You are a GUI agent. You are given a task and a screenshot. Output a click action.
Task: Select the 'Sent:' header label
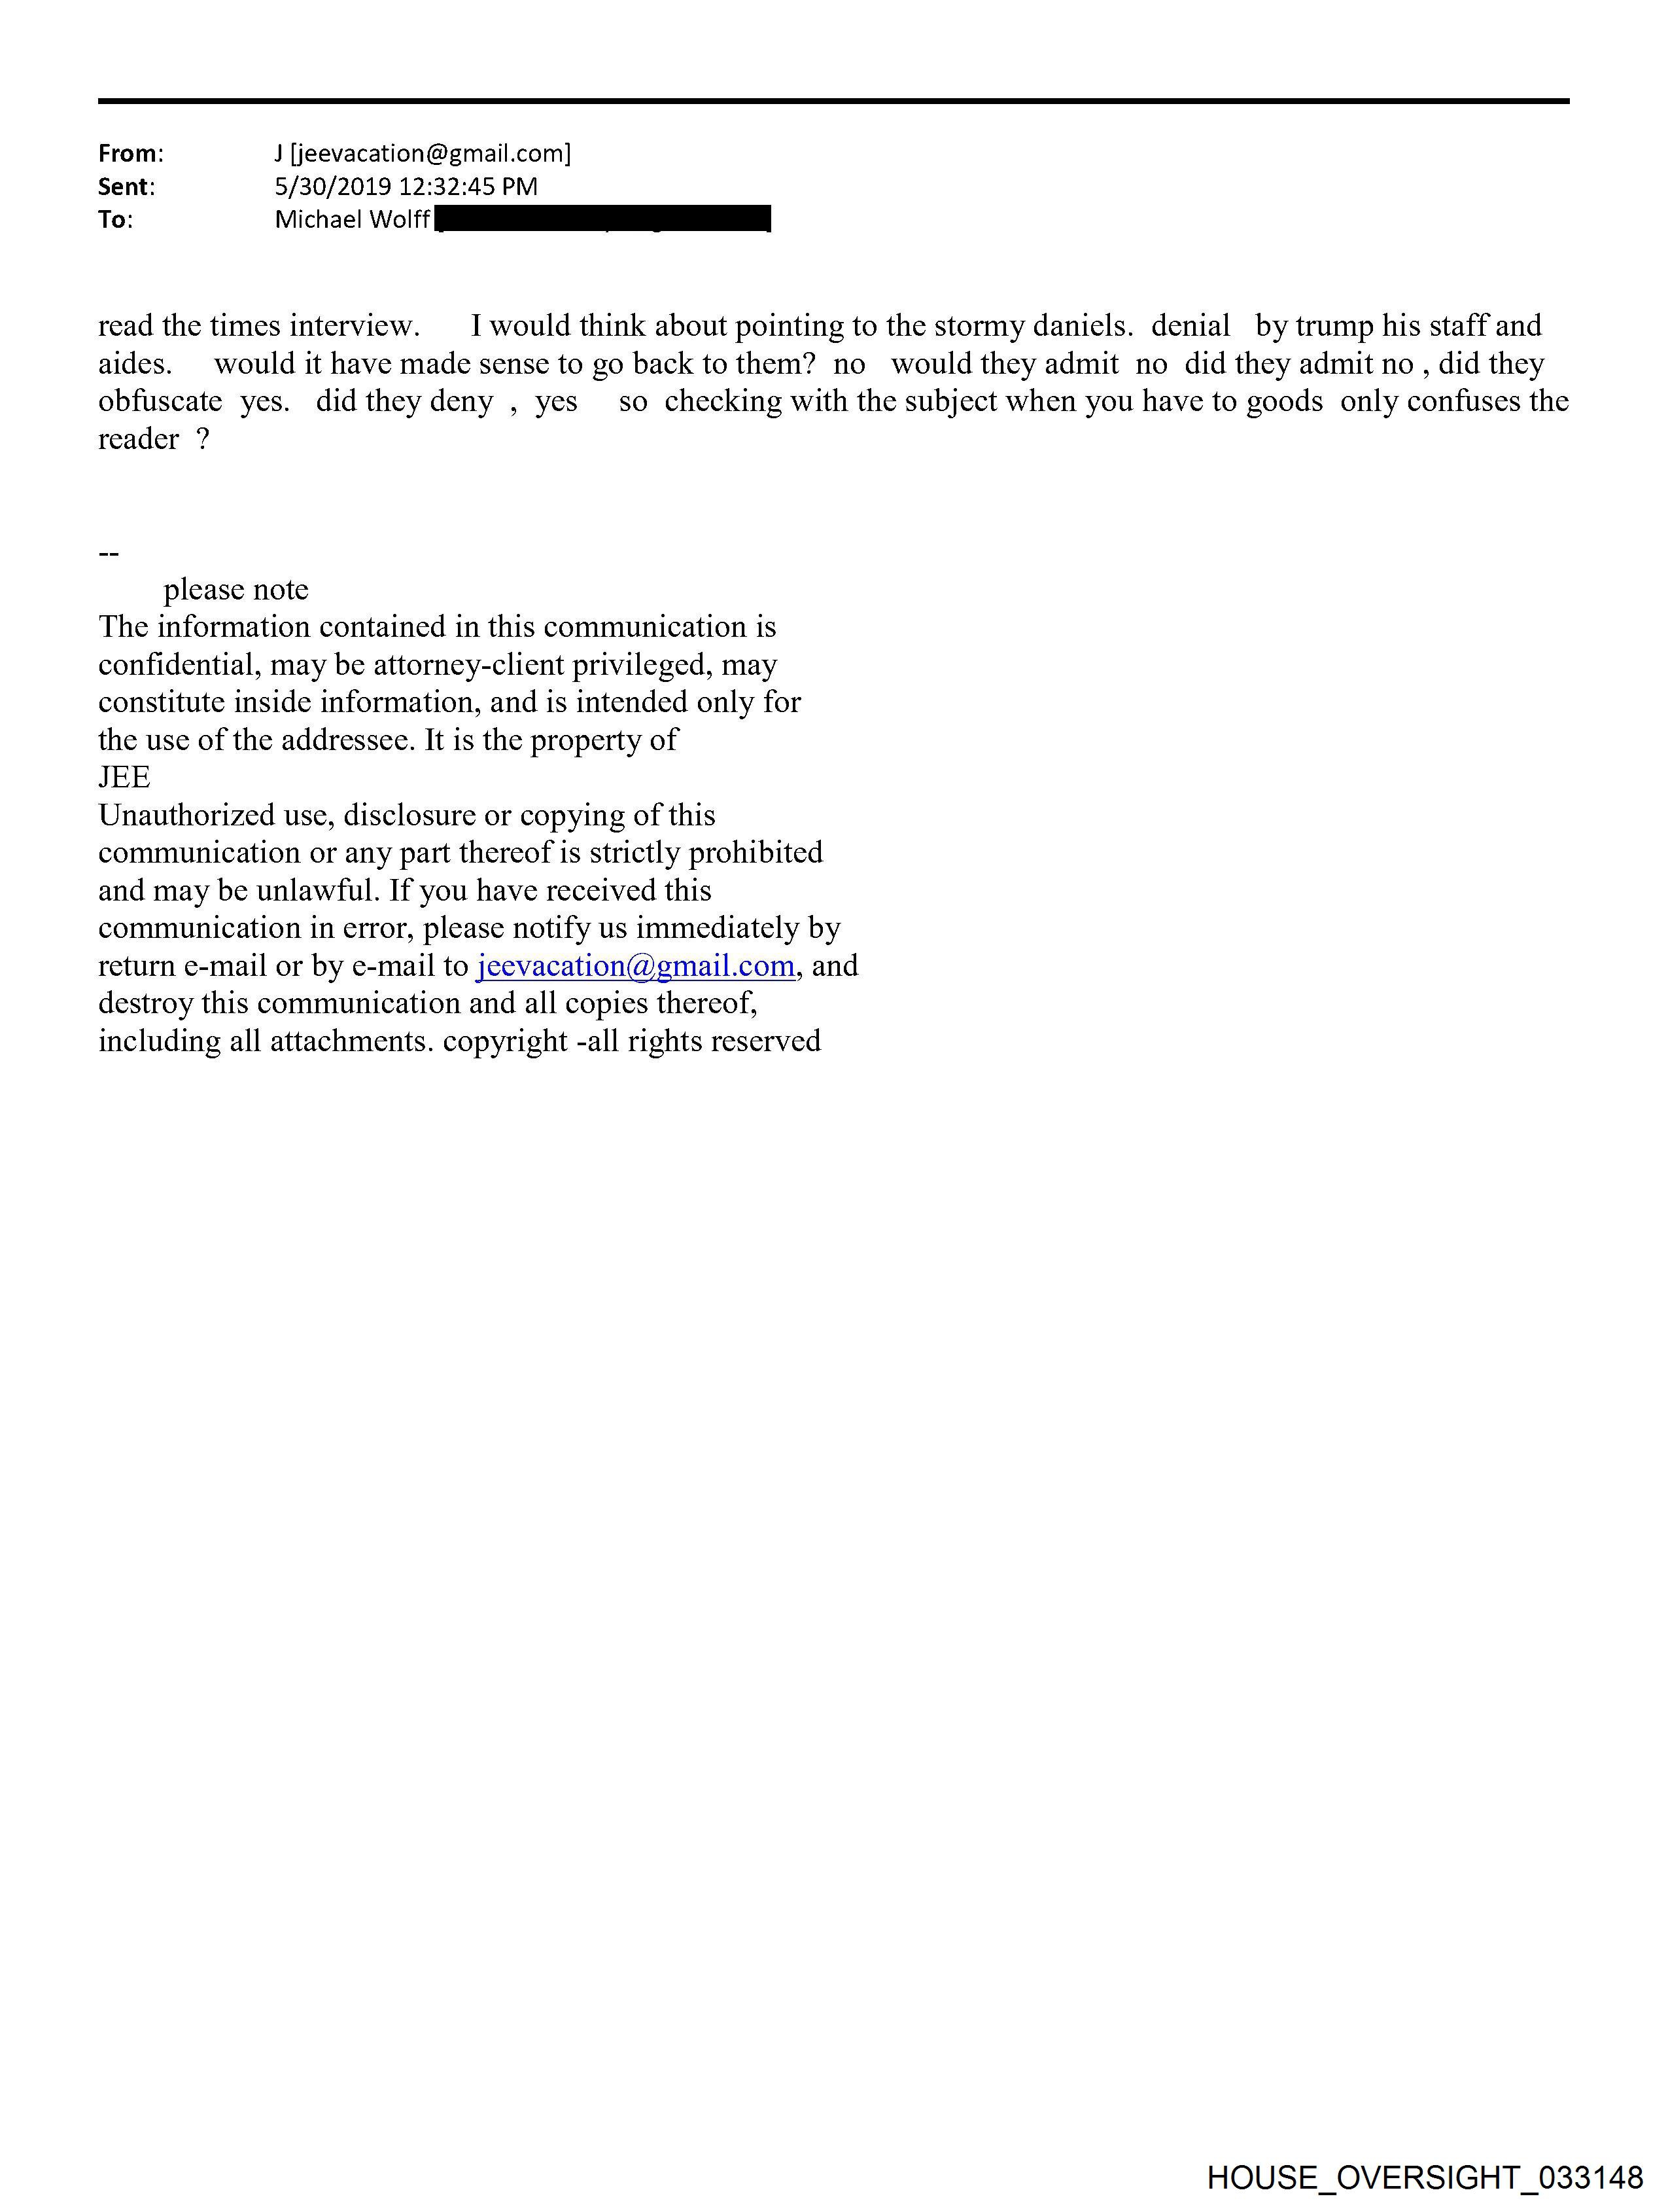[x=126, y=187]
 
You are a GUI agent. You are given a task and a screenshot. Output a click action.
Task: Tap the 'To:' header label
[x=114, y=219]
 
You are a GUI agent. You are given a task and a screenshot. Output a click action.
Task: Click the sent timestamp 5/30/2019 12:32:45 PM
[x=406, y=187]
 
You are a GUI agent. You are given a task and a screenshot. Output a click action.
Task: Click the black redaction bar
[x=603, y=219]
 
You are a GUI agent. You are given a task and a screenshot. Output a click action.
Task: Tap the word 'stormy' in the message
[x=979, y=326]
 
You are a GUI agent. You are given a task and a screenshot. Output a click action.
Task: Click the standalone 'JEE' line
[x=124, y=778]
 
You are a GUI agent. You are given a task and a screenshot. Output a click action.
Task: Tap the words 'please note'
[x=236, y=590]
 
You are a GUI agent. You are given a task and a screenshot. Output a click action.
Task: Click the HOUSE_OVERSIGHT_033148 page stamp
[x=1424, y=2176]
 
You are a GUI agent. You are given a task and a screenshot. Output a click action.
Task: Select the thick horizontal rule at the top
[x=833, y=101]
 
